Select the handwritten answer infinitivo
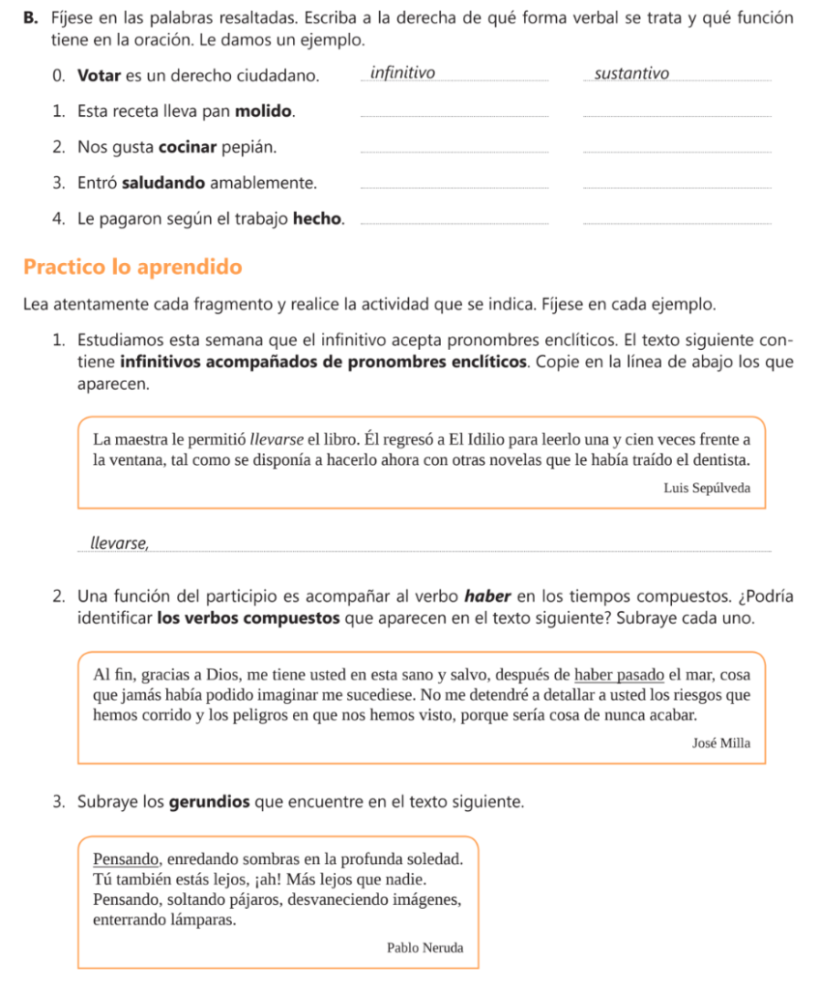click(x=402, y=73)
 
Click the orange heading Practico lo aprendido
click(x=132, y=266)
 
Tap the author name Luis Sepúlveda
click(x=706, y=488)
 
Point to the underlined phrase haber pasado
click(x=620, y=674)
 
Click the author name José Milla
click(x=720, y=743)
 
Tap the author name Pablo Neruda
click(x=424, y=947)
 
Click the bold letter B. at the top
click(x=32, y=19)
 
